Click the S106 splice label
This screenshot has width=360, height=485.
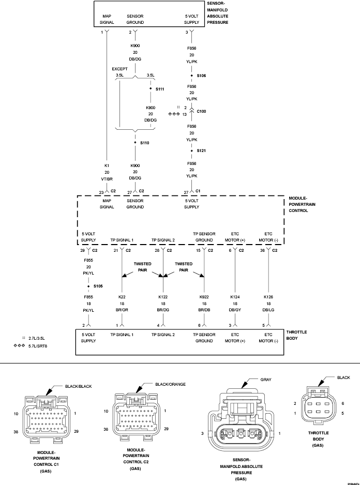pos(201,75)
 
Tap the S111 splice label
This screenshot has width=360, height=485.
pos(159,89)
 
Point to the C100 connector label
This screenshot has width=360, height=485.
pos(201,111)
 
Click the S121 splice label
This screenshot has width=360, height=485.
pos(201,150)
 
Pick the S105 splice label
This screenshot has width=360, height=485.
pos(98,285)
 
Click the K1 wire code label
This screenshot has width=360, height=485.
pos(107,166)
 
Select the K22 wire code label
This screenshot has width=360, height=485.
pos(122,297)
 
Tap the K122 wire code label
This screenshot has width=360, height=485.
pos(163,297)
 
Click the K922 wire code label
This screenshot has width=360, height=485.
pos(204,297)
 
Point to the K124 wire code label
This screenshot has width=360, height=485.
pos(235,297)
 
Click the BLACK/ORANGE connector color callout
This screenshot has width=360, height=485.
pos(170,384)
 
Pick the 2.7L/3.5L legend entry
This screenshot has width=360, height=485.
pos(41,337)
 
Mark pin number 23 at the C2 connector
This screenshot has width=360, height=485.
pos(101,191)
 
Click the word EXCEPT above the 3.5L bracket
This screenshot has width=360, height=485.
pos(120,68)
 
